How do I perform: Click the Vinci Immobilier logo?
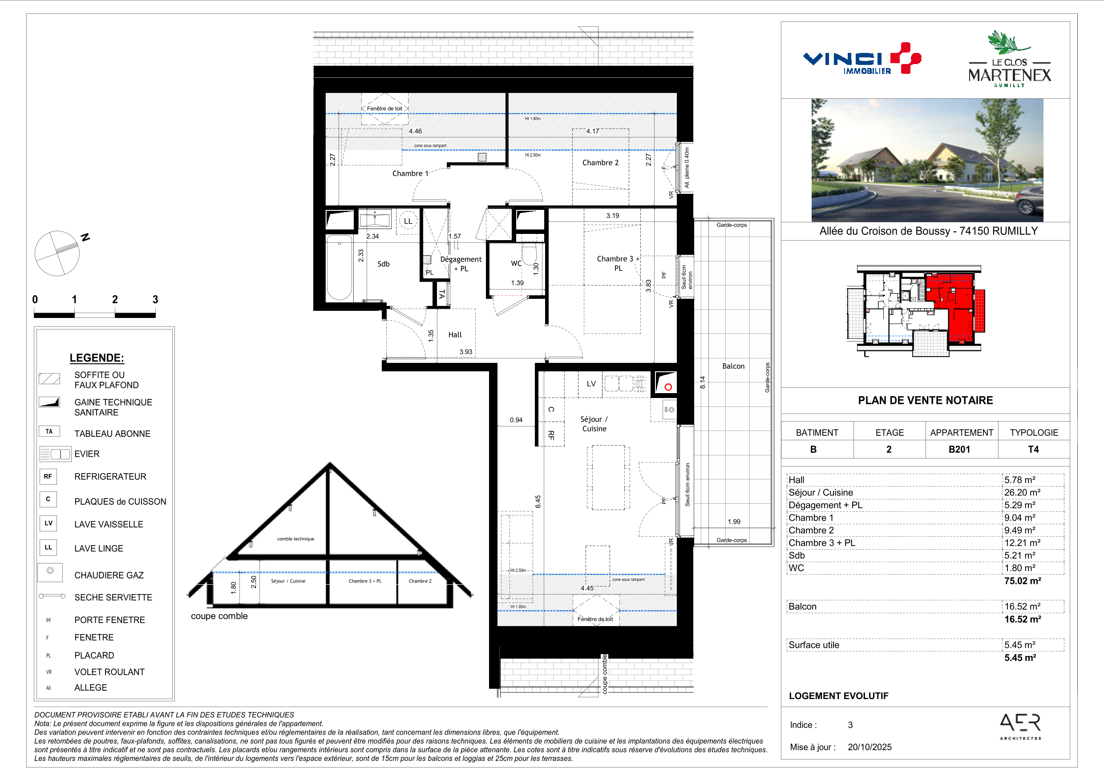click(x=861, y=59)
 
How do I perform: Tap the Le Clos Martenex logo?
click(x=1009, y=59)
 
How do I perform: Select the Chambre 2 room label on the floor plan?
click(x=600, y=162)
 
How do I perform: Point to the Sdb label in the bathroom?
click(x=383, y=264)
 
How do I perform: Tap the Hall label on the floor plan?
click(x=454, y=334)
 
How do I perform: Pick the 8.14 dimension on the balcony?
click(x=703, y=382)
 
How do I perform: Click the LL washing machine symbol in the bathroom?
click(x=408, y=221)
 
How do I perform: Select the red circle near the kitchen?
click(x=668, y=387)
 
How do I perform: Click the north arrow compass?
click(x=57, y=253)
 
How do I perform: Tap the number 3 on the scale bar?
click(x=155, y=299)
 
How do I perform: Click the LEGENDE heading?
click(x=97, y=358)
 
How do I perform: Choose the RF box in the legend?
click(x=48, y=476)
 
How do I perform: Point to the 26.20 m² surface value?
click(x=1022, y=492)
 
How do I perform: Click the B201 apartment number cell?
click(x=959, y=449)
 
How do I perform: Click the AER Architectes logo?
click(x=1020, y=726)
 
